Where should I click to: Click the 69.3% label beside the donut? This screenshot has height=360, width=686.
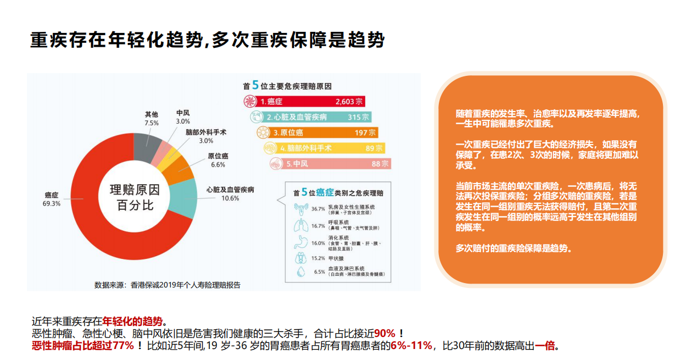coord(52,203)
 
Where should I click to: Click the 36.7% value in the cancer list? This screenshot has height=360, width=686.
coord(318,209)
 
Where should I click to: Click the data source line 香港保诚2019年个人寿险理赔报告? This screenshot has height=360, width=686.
coord(167,285)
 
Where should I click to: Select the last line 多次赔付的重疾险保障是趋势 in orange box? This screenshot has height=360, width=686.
coord(514,248)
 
